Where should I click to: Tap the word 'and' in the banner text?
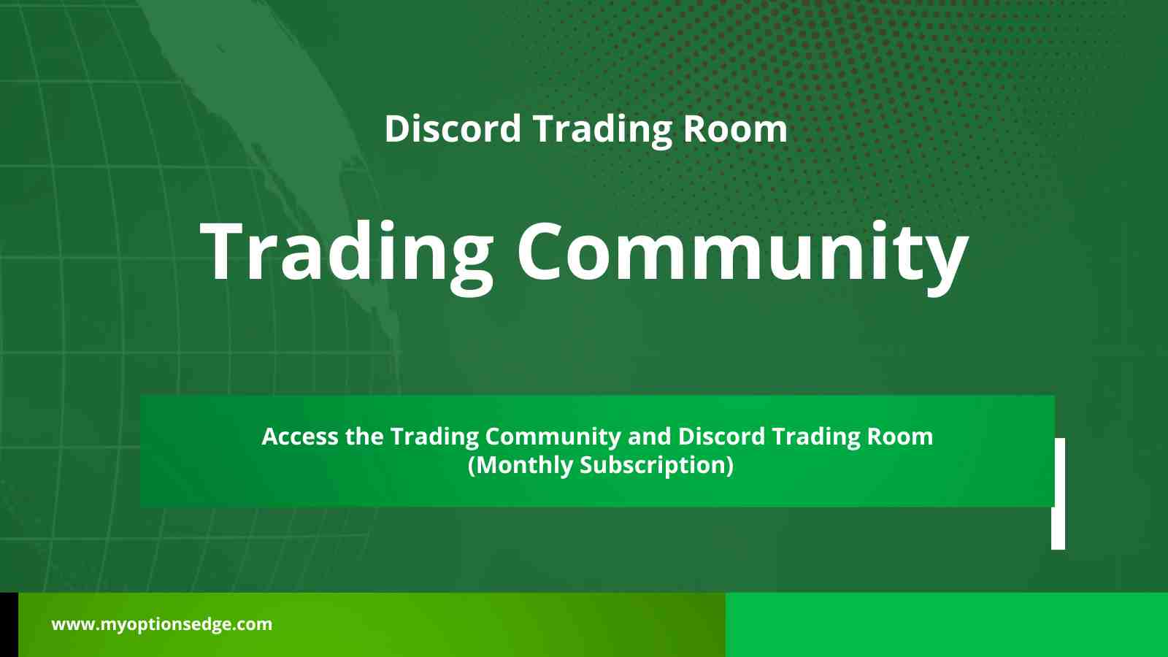[x=649, y=437]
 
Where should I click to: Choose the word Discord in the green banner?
[x=721, y=437]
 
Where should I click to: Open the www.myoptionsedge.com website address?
[x=161, y=624]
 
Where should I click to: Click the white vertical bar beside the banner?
[x=1058, y=493]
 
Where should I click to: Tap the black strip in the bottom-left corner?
[x=9, y=624]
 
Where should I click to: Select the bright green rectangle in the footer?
[x=946, y=624]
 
